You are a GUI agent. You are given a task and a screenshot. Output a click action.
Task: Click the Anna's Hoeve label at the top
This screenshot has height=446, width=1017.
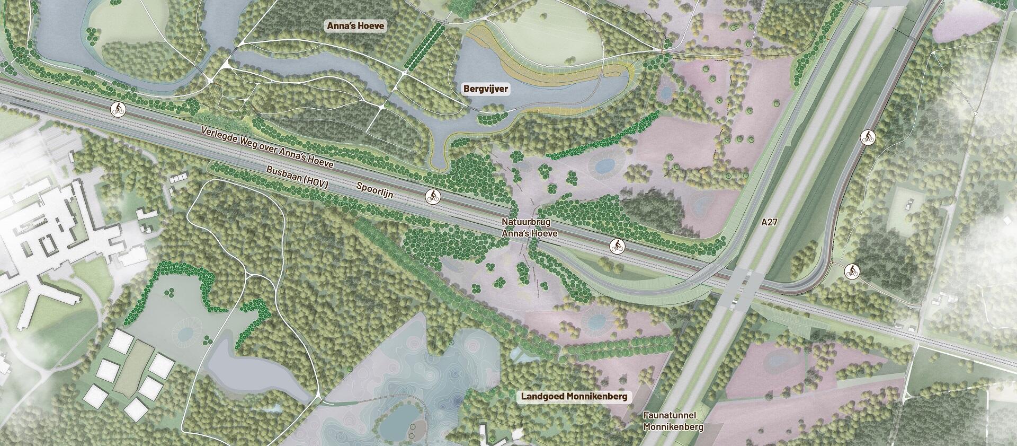tap(355, 26)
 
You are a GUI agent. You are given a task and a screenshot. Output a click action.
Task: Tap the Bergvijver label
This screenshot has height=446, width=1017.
tap(486, 89)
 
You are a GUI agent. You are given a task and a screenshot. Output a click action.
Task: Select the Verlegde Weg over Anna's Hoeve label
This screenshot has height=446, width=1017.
tap(267, 147)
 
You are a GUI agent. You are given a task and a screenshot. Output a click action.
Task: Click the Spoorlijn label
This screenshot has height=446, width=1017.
tap(375, 190)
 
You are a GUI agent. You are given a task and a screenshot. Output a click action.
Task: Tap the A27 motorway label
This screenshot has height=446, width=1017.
tap(769, 222)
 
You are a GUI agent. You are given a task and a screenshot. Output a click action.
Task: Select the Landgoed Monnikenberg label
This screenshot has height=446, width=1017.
tap(574, 396)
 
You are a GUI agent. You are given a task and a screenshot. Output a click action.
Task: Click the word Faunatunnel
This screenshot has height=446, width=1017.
tap(670, 416)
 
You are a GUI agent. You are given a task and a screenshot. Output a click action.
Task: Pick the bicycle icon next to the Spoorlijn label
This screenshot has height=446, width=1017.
tap(433, 197)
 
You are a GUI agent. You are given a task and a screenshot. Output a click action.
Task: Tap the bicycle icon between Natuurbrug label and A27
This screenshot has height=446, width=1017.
tap(617, 246)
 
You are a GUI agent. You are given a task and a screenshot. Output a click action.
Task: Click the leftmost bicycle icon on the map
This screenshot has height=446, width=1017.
tap(119, 110)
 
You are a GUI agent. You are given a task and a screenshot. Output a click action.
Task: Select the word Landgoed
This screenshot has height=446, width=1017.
tap(544, 396)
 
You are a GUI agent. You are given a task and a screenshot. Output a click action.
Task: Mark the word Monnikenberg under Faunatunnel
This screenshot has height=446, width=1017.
tap(673, 427)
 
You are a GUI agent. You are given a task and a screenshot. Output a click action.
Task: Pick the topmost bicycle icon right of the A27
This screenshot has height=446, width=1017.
tap(868, 138)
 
